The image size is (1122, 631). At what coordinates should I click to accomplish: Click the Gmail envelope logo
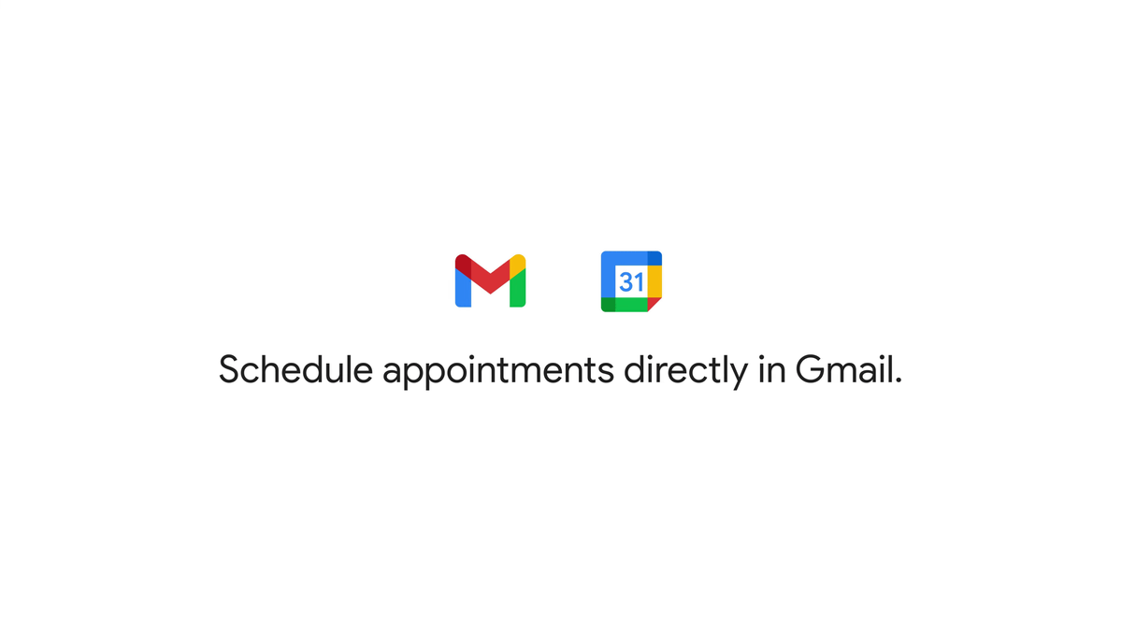coord(490,280)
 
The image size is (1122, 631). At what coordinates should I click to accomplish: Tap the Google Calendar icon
coord(631,281)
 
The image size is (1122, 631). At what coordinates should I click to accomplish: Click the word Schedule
coord(295,369)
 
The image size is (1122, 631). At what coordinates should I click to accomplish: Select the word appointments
coord(497,372)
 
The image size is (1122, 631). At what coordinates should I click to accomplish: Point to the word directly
coord(685,371)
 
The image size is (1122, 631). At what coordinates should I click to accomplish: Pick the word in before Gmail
coord(772,369)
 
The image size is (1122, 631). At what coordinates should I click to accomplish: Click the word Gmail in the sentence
coord(843,369)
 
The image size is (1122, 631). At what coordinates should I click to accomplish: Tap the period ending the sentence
coord(899,380)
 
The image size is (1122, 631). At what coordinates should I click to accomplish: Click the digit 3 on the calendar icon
coord(626,282)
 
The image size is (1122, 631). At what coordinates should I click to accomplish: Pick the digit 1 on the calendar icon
coord(640,282)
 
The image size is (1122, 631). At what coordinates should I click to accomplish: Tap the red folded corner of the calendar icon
coord(653,303)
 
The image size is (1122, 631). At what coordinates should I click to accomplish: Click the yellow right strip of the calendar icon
coord(654,281)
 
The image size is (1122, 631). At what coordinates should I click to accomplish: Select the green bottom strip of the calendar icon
coord(631,305)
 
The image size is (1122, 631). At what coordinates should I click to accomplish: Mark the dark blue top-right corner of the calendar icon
coord(654,258)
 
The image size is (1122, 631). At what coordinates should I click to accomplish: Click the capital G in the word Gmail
coord(810,369)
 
